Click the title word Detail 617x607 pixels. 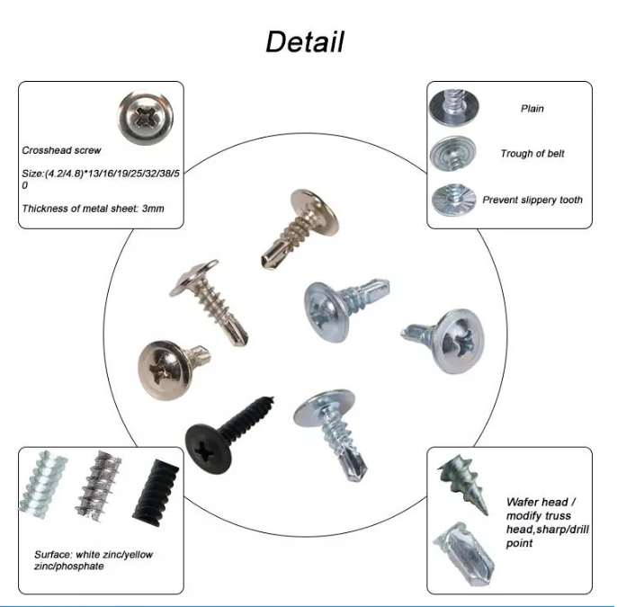click(305, 41)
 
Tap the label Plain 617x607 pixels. click(532, 109)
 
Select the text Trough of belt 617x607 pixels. click(532, 154)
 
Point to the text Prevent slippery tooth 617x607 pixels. click(532, 200)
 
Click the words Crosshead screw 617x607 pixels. click(61, 150)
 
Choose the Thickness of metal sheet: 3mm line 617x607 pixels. click(93, 209)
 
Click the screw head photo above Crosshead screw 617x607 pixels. click(146, 118)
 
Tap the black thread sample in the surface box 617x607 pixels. click(156, 493)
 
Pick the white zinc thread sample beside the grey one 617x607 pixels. click(42, 485)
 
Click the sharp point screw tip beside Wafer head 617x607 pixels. click(463, 483)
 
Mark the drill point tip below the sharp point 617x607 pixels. click(464, 553)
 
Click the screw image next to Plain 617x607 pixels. click(453, 107)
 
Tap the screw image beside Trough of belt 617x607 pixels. click(452, 153)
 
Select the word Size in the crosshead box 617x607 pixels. click(31, 174)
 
